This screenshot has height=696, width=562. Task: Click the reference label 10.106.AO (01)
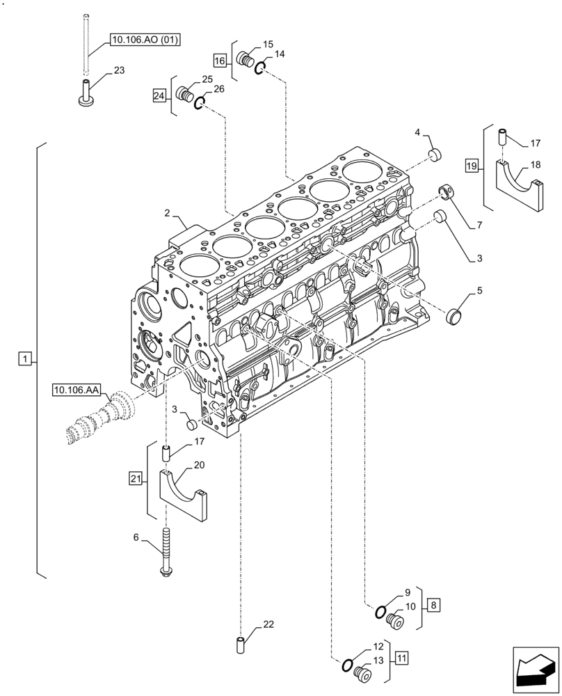[144, 40]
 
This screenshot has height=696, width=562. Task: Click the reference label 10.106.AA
[76, 390]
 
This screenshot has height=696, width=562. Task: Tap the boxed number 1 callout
[24, 358]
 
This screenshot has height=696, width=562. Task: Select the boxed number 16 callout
[220, 61]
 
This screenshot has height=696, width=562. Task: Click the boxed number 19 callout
[472, 166]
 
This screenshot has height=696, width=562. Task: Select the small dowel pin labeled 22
[241, 644]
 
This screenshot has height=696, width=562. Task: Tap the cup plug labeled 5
[454, 316]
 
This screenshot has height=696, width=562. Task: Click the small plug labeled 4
[435, 153]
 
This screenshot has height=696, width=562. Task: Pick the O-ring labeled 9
[380, 612]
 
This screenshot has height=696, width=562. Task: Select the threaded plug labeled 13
[362, 674]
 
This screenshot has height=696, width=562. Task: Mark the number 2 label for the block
[168, 212]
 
